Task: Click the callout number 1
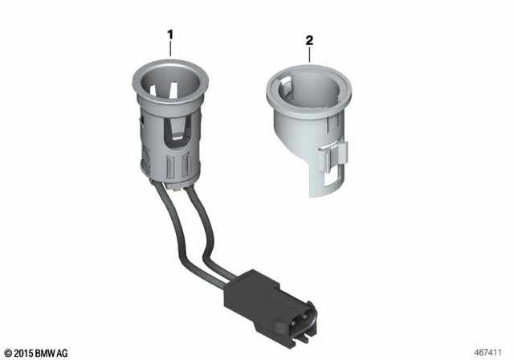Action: [x=169, y=35]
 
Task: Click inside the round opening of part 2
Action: [x=309, y=88]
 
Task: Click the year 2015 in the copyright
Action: [x=23, y=352]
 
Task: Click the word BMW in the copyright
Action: [x=47, y=352]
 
